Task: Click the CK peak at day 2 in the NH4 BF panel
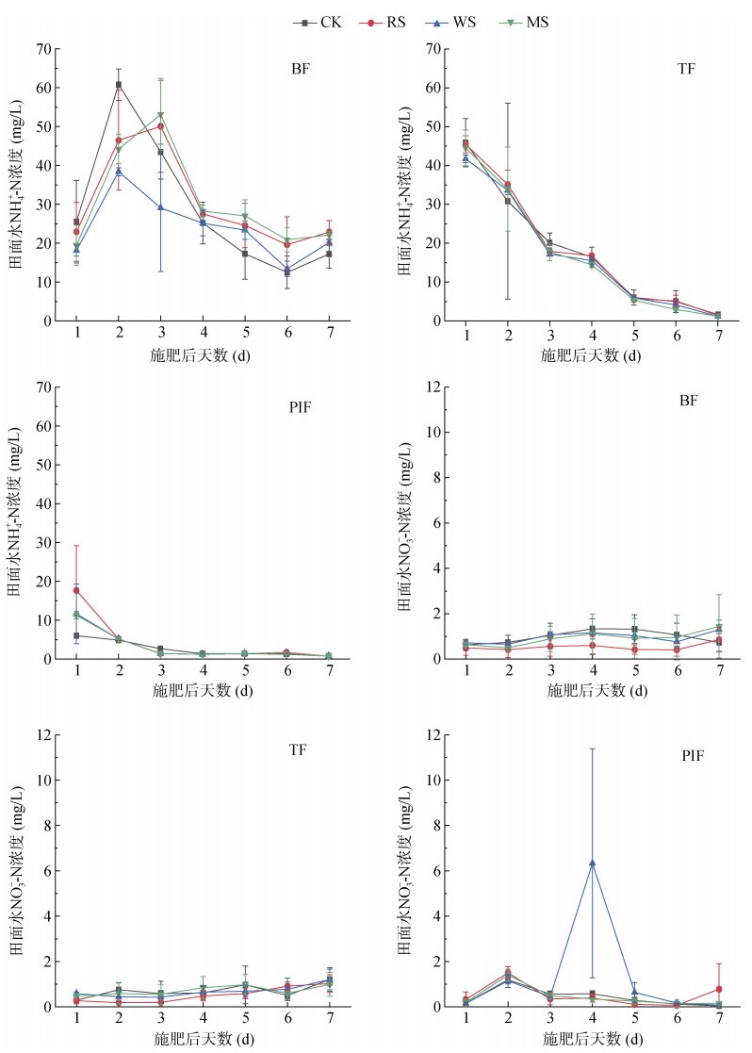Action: point(119,85)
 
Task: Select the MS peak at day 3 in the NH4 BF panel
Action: point(160,115)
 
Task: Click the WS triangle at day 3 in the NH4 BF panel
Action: point(160,207)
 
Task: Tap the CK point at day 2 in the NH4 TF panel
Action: point(508,201)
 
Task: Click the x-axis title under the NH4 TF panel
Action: point(592,355)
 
